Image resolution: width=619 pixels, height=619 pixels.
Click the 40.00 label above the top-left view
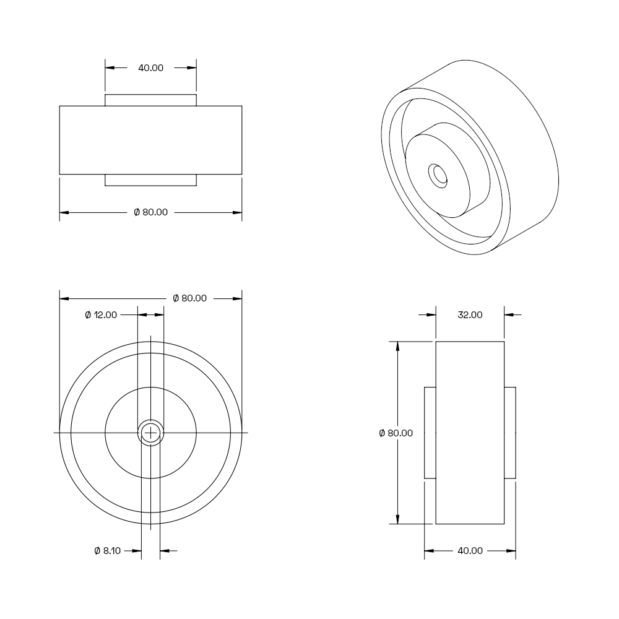(x=150, y=68)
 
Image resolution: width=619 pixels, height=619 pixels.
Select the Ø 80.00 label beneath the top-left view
(x=151, y=212)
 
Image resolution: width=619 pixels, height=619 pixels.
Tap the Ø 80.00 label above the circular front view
(x=190, y=298)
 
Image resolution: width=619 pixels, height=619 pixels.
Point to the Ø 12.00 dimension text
(x=101, y=315)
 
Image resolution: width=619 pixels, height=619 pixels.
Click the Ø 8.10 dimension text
(x=107, y=551)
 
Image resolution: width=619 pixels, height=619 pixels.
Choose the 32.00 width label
(x=470, y=315)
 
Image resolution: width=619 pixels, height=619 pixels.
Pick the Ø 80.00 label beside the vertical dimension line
(x=396, y=433)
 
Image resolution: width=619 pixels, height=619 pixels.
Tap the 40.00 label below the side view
(x=470, y=551)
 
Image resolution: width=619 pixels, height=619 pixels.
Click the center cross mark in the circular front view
(x=150, y=433)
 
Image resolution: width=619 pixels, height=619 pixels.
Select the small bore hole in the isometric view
(x=438, y=176)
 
